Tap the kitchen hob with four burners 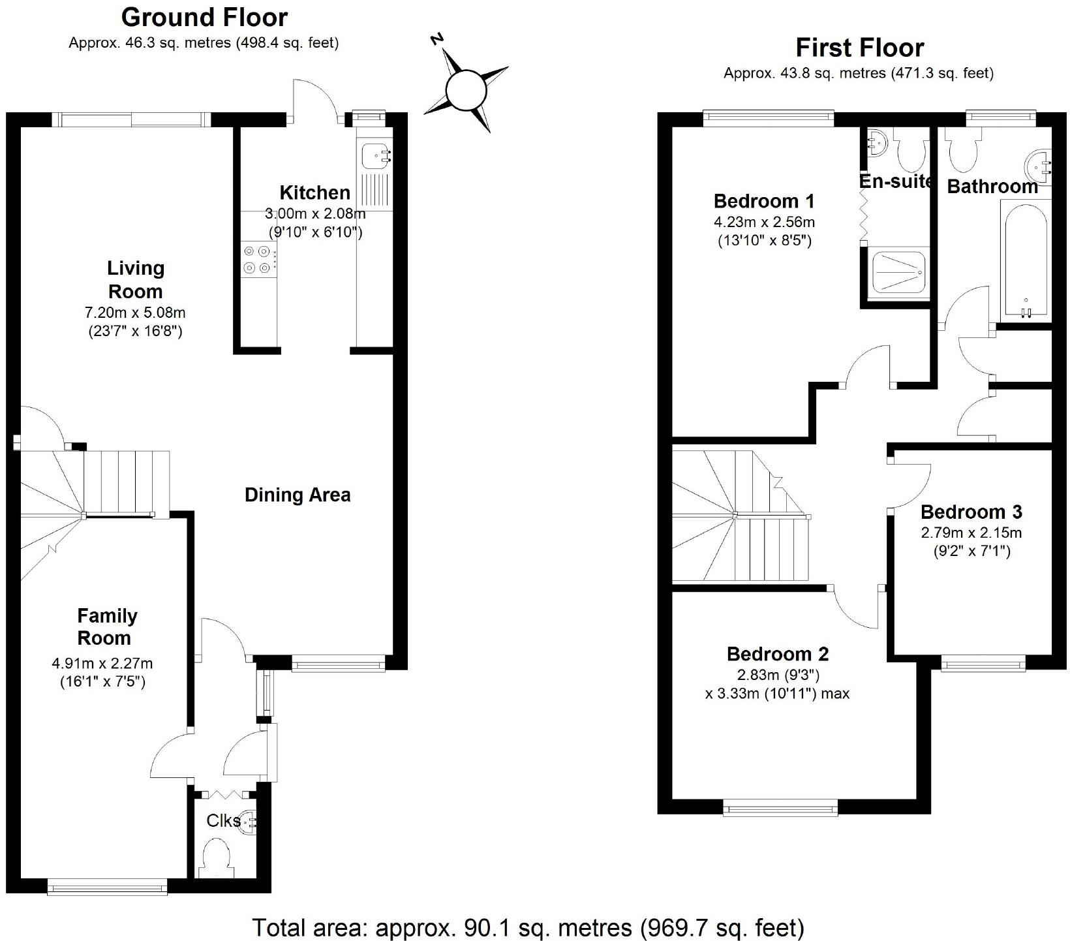click(256, 258)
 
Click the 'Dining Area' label click(298, 495)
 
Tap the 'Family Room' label click(108, 626)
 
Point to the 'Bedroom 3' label click(971, 512)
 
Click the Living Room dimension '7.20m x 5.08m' click(135, 313)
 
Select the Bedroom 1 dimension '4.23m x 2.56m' click(764, 222)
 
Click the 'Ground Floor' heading click(204, 17)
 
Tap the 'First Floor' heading click(859, 48)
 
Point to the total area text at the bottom click(528, 927)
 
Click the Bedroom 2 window click(780, 809)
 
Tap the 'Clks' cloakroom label click(222, 820)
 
